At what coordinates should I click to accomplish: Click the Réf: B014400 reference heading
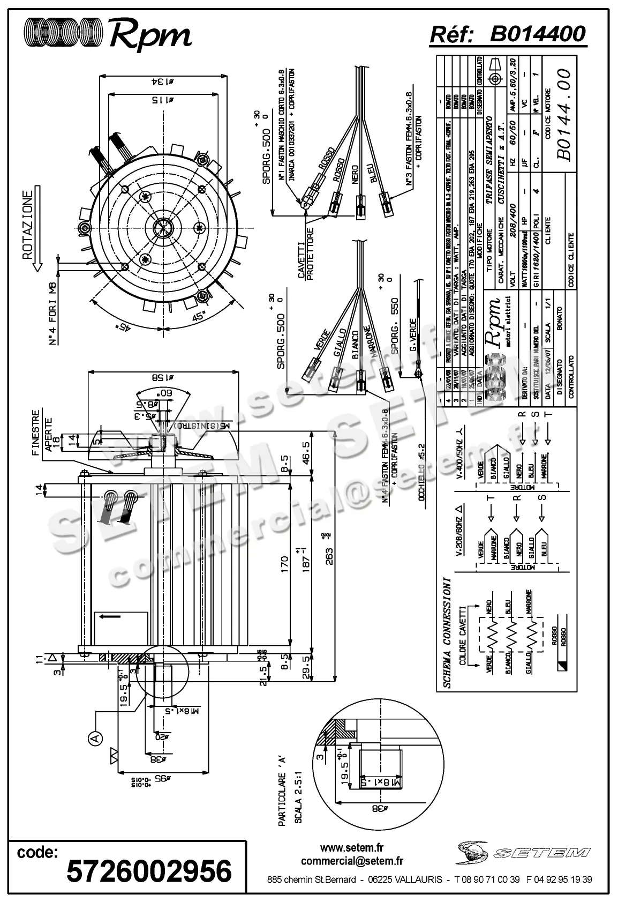click(508, 34)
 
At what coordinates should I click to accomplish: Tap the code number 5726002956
click(149, 871)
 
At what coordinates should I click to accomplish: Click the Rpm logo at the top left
click(107, 35)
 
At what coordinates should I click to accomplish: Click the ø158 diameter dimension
click(163, 376)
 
